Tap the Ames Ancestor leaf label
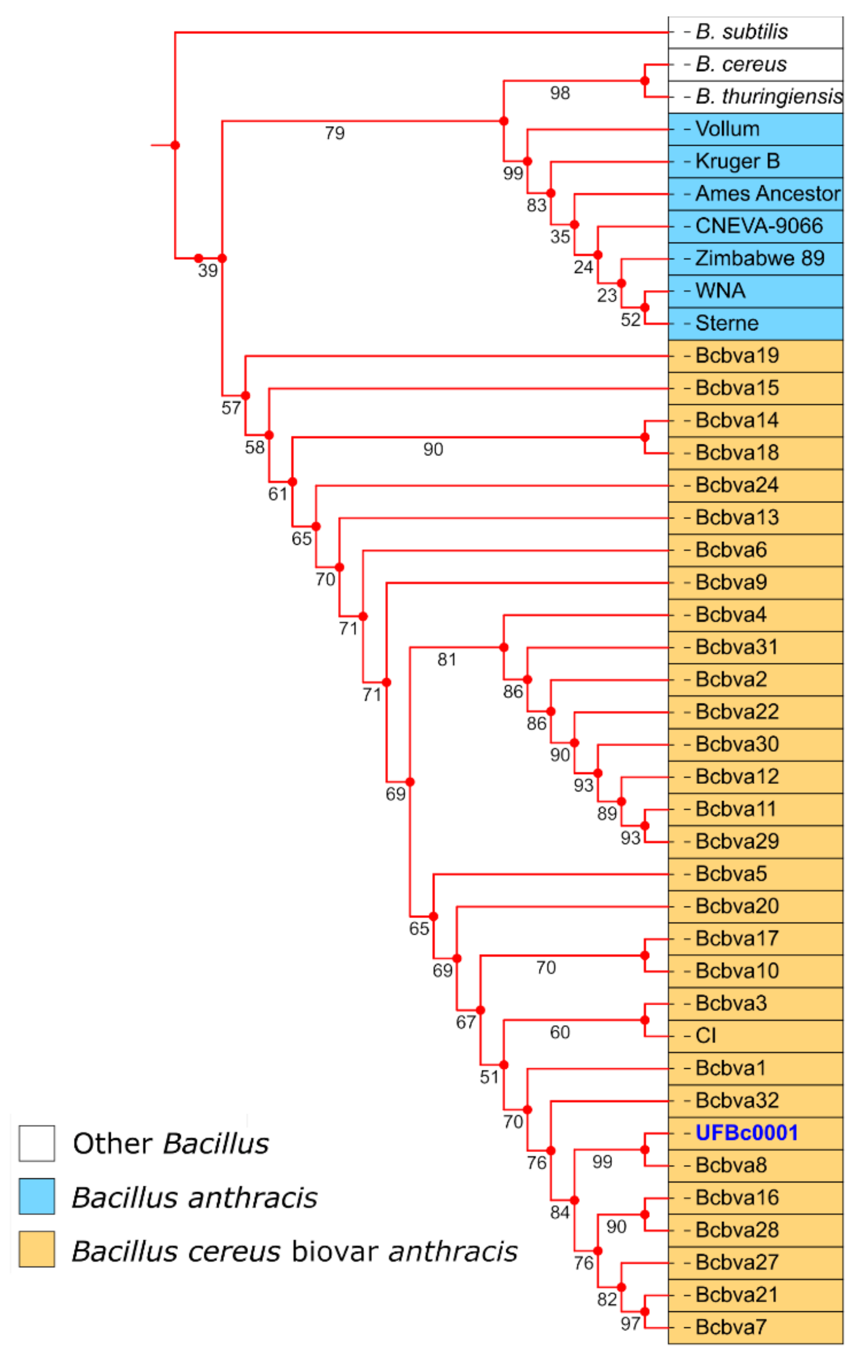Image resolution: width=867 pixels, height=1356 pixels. [x=768, y=194]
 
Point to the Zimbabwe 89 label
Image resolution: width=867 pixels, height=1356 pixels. [x=759, y=259]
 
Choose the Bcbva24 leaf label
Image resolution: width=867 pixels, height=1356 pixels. [x=737, y=485]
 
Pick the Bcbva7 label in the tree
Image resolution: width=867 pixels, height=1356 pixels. [x=731, y=1327]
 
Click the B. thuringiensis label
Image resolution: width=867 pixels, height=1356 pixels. [x=769, y=96]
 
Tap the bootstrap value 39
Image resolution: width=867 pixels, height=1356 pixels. [x=207, y=271]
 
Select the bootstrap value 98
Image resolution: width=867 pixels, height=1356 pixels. [x=560, y=93]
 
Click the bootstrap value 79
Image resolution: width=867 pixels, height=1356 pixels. [x=335, y=133]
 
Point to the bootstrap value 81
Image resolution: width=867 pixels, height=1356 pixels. [x=447, y=659]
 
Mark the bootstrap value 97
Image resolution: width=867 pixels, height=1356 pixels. [x=630, y=1324]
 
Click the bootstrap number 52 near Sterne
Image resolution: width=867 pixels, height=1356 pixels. [x=630, y=320]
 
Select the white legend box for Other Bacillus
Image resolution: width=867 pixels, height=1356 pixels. [x=37, y=1143]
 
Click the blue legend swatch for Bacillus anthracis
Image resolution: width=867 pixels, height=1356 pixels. [x=37, y=1196]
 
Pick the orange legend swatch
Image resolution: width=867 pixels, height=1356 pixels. [x=37, y=1249]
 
